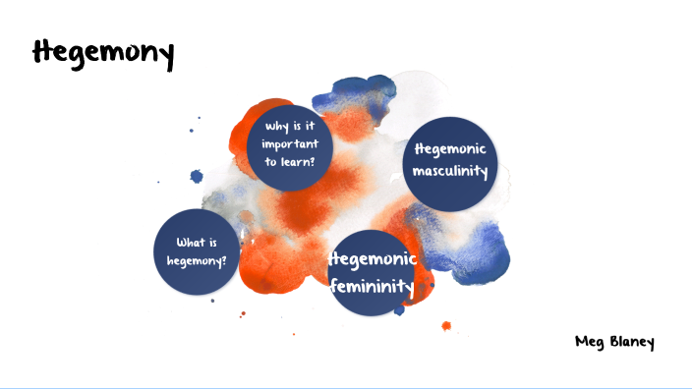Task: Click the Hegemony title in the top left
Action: click(103, 53)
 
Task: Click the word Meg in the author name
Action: click(589, 342)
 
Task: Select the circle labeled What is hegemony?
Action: click(196, 251)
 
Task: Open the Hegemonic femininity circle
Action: click(373, 273)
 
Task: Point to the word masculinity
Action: click(451, 173)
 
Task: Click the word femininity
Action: click(373, 286)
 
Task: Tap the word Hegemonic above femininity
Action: click(375, 260)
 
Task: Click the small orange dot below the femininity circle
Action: click(446, 325)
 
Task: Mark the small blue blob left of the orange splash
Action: click(196, 177)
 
